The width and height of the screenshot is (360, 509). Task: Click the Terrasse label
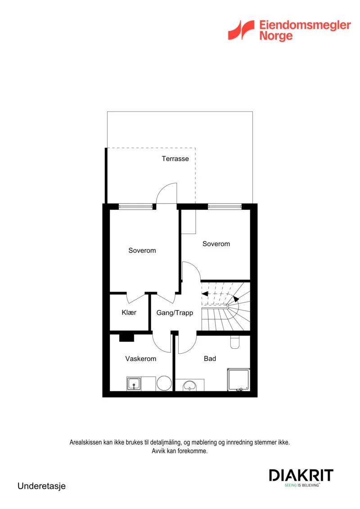(175, 159)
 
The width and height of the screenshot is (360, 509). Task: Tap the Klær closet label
(129, 312)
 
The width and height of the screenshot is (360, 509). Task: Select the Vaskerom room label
(140, 359)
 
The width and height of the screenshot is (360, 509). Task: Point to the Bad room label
(210, 358)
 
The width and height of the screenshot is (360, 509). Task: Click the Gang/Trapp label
(175, 313)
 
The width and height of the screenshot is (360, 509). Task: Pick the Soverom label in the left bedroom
(142, 250)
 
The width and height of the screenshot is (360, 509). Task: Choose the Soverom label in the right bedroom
(216, 244)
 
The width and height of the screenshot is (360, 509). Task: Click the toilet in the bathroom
(235, 342)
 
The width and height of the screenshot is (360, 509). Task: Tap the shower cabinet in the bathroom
(238, 379)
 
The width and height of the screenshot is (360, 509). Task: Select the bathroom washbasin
(189, 386)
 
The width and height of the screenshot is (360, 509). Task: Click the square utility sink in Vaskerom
(134, 384)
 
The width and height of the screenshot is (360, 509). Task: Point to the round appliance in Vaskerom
(164, 383)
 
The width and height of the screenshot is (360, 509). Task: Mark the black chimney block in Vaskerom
(126, 338)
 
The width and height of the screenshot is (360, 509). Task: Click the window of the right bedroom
(225, 207)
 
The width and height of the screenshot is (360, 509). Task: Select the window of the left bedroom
(136, 207)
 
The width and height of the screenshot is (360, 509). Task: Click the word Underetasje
(41, 486)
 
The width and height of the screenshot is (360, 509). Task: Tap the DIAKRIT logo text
(301, 475)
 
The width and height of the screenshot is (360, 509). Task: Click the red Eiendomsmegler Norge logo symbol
(241, 30)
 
